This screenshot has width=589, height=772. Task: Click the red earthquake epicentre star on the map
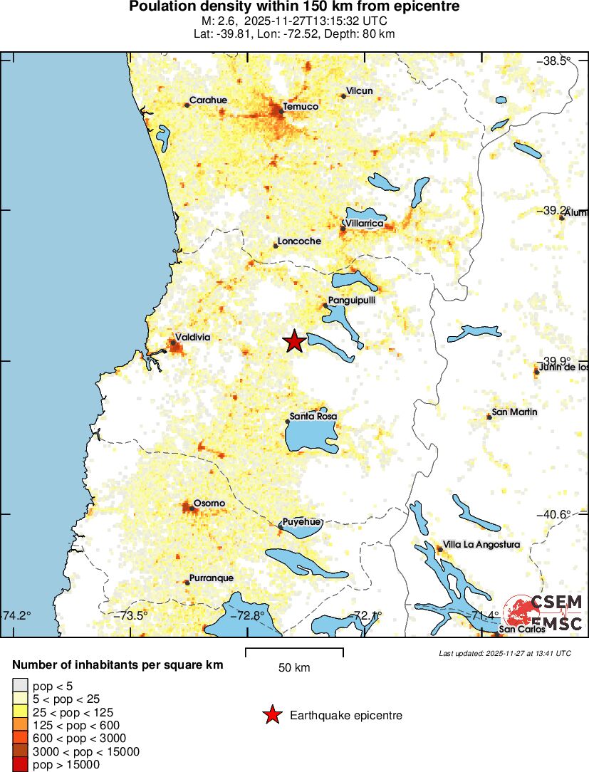294,342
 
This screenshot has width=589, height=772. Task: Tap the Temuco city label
301,107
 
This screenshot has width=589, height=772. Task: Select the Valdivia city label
193,338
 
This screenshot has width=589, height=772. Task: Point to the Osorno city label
209,504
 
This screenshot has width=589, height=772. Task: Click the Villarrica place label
364,224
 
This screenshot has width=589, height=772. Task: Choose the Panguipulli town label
352,301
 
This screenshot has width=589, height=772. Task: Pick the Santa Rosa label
313,416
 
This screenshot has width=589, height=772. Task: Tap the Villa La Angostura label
481,545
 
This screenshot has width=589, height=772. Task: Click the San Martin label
514,412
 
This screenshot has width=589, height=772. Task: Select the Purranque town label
212,578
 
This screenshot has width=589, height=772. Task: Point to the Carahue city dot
187,105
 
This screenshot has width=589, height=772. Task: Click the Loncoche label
299,241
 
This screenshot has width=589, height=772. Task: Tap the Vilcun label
359,91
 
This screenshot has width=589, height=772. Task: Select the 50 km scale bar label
294,668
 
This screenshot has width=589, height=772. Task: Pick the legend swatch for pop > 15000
20,765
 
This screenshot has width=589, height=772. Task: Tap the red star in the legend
272,716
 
